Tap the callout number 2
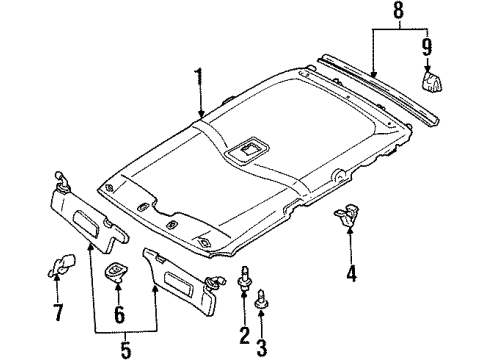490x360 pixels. click(x=244, y=335)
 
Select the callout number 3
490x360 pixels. click(x=262, y=348)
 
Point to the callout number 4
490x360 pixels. click(x=351, y=273)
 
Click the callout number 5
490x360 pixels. click(x=126, y=349)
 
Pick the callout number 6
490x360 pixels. click(x=119, y=315)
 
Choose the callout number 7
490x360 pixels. click(x=58, y=313)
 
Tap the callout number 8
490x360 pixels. click(x=398, y=10)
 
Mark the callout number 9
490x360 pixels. click(x=427, y=47)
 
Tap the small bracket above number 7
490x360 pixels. click(x=63, y=265)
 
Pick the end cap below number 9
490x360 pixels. click(x=432, y=81)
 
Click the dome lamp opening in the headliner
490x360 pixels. click(x=247, y=149)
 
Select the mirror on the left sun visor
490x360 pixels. click(x=86, y=223)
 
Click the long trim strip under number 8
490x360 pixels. click(x=377, y=90)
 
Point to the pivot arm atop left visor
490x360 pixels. click(x=62, y=181)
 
